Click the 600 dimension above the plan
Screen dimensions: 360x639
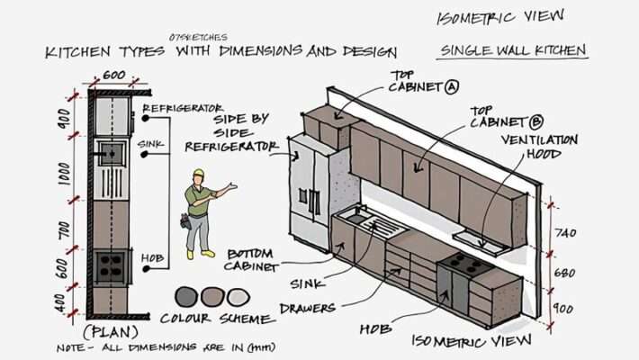pyautogui.click(x=113, y=76)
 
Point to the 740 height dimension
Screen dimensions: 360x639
pyautogui.click(x=564, y=232)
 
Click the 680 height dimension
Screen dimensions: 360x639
pyautogui.click(x=564, y=272)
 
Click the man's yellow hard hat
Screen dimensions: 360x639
pyautogui.click(x=199, y=174)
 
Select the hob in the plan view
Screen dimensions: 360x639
pyautogui.click(x=112, y=265)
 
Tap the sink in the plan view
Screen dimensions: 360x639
pyautogui.click(x=110, y=153)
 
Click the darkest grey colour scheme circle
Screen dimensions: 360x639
pyautogui.click(x=186, y=296)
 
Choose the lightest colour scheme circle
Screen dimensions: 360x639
pyautogui.click(x=237, y=296)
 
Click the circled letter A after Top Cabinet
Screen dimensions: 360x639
pyautogui.click(x=452, y=88)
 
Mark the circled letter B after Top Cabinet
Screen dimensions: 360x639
pyautogui.click(x=537, y=121)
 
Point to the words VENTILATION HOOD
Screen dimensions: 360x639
pyautogui.click(x=539, y=147)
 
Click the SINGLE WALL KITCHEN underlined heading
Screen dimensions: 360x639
pyautogui.click(x=513, y=50)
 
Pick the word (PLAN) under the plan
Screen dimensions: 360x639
pyautogui.click(x=110, y=330)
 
